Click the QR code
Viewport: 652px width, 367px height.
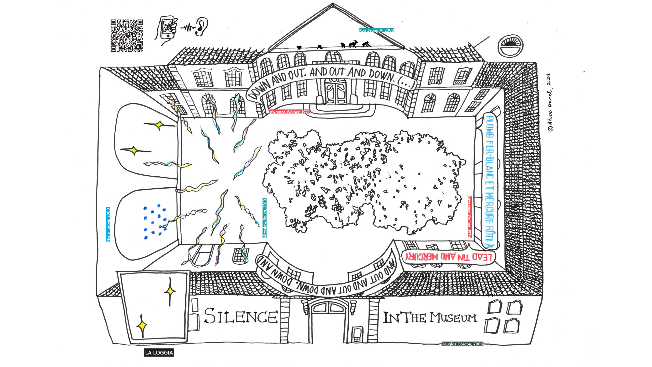tap(127, 35)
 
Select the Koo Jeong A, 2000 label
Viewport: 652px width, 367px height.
tap(376, 30)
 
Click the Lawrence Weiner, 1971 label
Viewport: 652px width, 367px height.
tap(289, 112)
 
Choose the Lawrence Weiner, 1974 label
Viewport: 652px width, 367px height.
tap(469, 217)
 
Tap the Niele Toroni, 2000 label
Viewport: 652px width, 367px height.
tap(108, 225)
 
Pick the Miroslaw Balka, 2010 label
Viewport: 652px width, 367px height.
tap(265, 218)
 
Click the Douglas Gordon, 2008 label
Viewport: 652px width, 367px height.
tap(462, 344)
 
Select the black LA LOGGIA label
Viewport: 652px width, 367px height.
tap(159, 353)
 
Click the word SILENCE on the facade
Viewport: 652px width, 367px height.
tap(241, 316)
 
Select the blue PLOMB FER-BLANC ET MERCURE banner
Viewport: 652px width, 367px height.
tap(490, 181)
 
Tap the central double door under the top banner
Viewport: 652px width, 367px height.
tap(335, 92)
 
